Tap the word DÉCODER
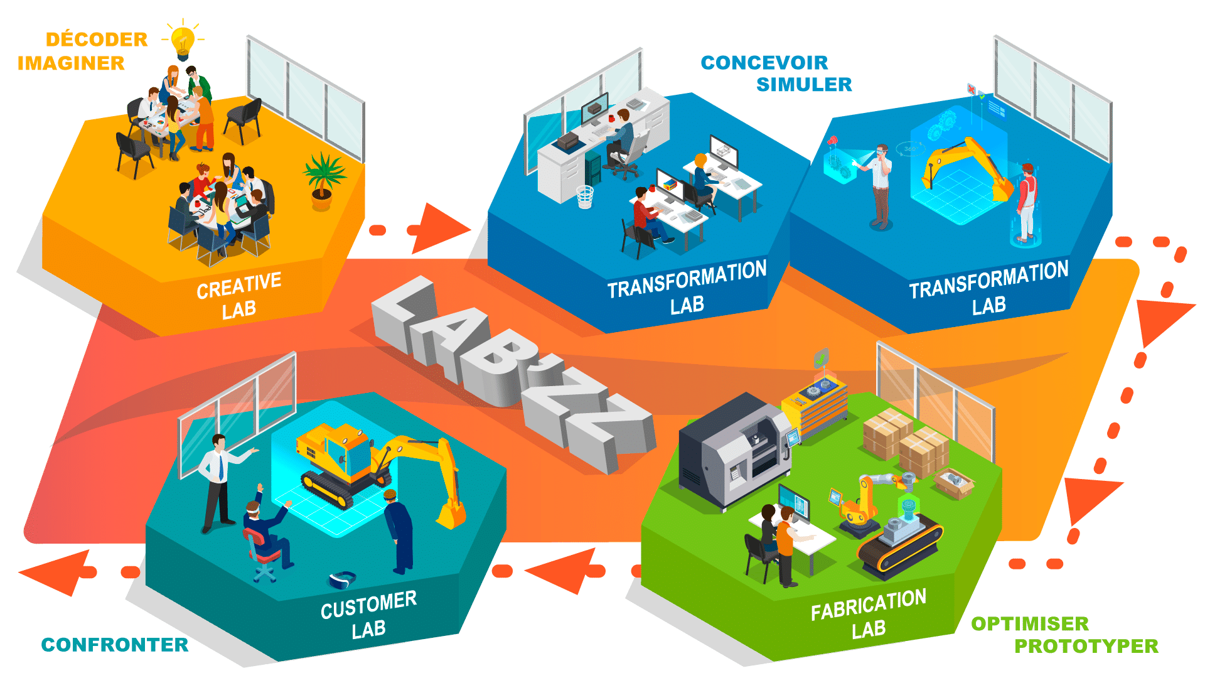click(97, 40)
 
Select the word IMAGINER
click(71, 63)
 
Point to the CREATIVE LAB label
click(238, 296)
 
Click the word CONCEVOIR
click(764, 63)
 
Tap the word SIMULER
click(804, 84)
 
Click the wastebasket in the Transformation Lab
click(584, 197)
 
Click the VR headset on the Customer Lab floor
click(343, 579)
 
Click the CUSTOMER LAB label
click(368, 615)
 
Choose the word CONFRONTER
click(114, 645)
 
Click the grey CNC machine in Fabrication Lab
click(734, 452)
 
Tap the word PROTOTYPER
click(1086, 646)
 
